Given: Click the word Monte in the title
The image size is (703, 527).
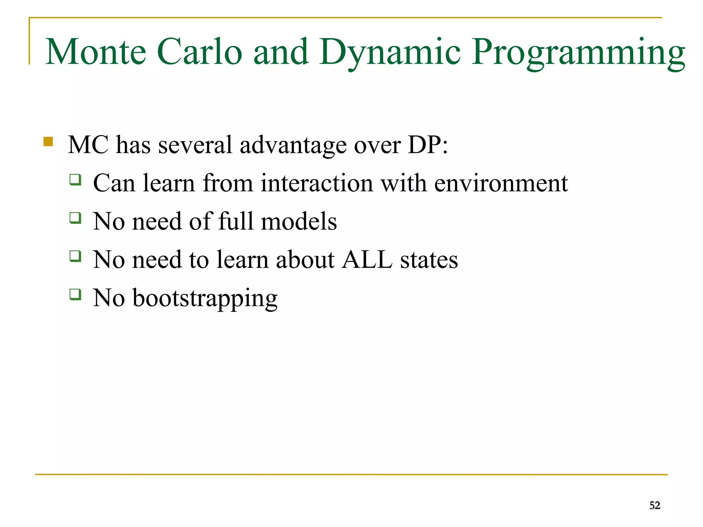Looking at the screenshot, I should click(96, 52).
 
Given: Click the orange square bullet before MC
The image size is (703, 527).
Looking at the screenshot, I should click(48, 142).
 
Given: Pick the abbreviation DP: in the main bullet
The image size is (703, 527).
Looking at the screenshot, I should click(428, 145).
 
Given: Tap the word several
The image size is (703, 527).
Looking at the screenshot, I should click(195, 145).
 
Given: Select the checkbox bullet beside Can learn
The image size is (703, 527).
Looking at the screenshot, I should click(76, 180).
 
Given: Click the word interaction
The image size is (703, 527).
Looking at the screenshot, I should click(316, 183).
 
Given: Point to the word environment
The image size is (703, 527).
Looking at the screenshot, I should click(501, 183).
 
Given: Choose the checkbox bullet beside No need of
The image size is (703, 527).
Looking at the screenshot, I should click(76, 218).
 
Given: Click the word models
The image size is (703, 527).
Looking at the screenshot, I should click(299, 221).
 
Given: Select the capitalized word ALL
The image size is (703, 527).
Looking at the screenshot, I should click(367, 260).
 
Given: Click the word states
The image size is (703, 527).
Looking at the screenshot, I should click(429, 260).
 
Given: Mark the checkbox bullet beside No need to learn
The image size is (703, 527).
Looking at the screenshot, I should click(76, 256).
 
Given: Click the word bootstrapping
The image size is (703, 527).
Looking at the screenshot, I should click(205, 298).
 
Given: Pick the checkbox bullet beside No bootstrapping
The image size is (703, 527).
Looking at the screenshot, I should click(76, 294).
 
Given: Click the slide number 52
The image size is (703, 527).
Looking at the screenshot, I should click(655, 505).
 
